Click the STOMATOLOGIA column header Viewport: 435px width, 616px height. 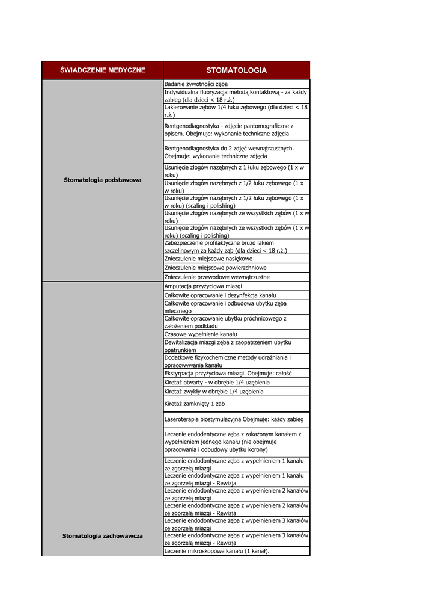tap(236, 70)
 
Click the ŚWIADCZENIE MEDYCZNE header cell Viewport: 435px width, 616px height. tap(102, 70)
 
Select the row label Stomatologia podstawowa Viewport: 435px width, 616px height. tap(102, 180)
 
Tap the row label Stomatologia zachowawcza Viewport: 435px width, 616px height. tap(102, 535)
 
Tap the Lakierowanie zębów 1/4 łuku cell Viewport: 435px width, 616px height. tap(236, 111)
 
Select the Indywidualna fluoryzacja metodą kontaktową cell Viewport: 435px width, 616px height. tap(236, 96)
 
